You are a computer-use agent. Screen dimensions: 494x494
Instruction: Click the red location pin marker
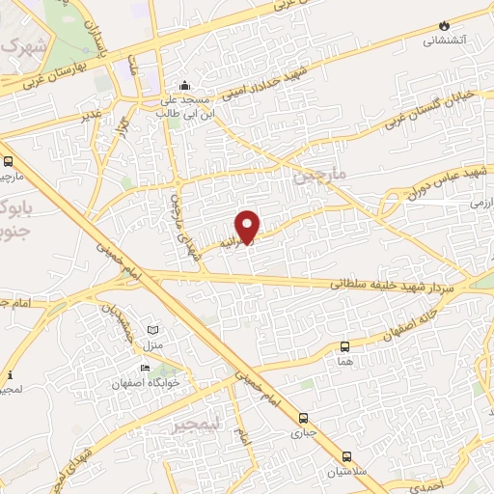pyautogui.click(x=248, y=226)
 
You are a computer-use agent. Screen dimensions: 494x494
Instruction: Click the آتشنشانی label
pyautogui.click(x=445, y=41)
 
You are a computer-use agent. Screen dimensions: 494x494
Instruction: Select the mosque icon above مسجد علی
pyautogui.click(x=184, y=84)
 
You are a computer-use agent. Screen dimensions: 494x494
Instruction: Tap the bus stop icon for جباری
pyautogui.click(x=304, y=418)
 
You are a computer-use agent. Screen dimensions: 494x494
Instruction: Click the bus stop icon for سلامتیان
pyautogui.click(x=347, y=456)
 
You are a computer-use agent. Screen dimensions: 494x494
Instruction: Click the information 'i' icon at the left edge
pyautogui.click(x=10, y=374)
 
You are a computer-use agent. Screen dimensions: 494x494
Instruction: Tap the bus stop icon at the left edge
pyautogui.click(x=8, y=161)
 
